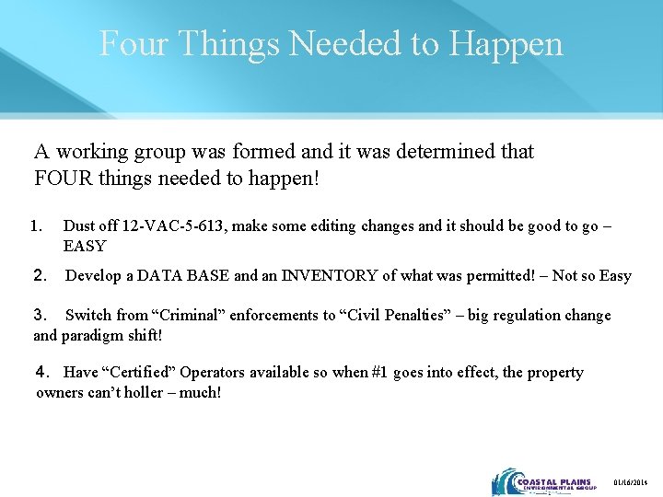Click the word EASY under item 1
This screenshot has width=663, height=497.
pos(84,246)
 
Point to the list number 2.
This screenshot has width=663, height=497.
pos(40,275)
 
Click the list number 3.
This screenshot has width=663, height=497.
pos(39,315)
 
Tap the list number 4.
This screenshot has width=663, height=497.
pos(41,373)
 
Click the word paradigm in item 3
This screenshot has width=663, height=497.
pos(90,335)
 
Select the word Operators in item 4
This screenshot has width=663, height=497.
pos(210,373)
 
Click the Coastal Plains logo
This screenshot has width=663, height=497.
pos(543,481)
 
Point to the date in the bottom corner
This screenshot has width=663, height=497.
pos(631,482)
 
